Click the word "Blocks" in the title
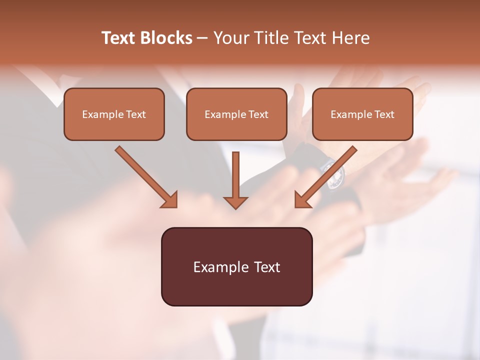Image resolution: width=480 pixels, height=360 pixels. pos(167,38)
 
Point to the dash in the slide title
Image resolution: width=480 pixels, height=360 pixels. pos(202,38)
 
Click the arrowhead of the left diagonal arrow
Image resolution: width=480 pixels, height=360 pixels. pos(170,200)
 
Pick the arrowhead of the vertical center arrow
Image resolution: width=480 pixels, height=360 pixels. pos(235,202)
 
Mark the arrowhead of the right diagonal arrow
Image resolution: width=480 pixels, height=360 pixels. pos(302,200)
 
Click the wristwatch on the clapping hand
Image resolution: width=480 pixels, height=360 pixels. pos(333,172)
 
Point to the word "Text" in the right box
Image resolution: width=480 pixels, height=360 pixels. pos(384,114)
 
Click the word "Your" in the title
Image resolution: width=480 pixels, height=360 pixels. pos(231,38)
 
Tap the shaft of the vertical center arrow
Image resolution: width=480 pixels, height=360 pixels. pos(235,172)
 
